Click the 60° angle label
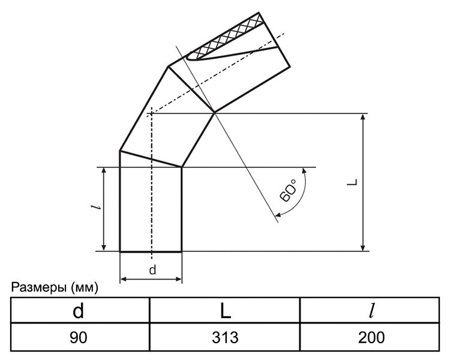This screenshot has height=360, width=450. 288,191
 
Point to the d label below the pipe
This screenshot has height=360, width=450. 153,270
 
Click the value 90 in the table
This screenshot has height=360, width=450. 79,337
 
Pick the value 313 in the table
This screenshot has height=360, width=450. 225,337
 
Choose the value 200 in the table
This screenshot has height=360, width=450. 371,337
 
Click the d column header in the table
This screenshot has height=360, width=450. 79,311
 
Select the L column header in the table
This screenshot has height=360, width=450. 226,311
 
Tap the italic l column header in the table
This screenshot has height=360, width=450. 371,311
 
